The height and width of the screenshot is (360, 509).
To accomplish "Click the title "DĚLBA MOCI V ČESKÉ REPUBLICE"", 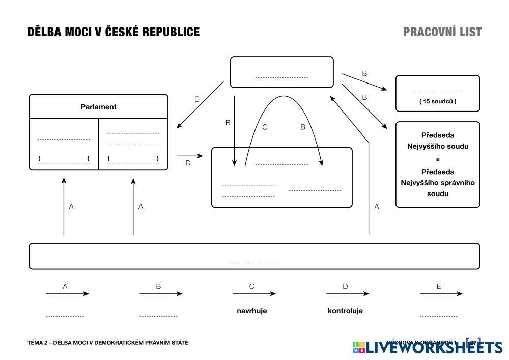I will [x=113, y=32].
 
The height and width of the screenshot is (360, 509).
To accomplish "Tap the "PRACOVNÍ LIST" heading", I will [x=442, y=32].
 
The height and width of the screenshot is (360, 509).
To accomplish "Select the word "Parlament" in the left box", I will [x=98, y=107].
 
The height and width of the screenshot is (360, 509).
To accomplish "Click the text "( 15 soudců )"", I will [x=438, y=101].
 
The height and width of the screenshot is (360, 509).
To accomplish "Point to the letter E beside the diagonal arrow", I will [x=196, y=99].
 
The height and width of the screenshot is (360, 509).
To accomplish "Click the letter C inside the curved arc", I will [x=265, y=127].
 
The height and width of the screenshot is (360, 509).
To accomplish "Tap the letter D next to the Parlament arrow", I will [x=188, y=163].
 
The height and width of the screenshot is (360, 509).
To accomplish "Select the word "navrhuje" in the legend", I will [x=251, y=311].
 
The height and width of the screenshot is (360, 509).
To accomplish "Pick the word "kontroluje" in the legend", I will [x=345, y=311].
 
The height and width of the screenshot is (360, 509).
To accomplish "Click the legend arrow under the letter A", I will [x=67, y=294].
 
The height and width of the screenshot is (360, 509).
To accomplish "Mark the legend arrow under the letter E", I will [x=441, y=294].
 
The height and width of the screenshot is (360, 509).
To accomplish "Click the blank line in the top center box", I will [x=281, y=77].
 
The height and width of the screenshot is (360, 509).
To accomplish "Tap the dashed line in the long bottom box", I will [x=254, y=262].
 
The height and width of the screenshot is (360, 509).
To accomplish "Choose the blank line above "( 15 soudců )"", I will [x=438, y=92].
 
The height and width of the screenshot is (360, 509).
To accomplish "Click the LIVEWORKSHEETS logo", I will [x=428, y=347].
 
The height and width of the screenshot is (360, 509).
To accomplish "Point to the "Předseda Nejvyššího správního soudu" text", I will [x=438, y=183].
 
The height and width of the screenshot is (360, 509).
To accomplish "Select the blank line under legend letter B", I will [x=158, y=316].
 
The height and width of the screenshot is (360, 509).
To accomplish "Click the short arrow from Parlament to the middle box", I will [x=189, y=156].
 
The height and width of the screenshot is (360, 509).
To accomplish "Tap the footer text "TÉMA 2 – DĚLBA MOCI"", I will [x=107, y=343].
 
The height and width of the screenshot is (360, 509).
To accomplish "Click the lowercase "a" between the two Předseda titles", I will [x=438, y=159].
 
